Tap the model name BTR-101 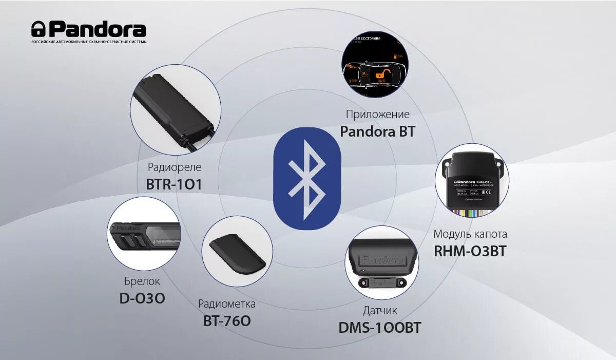point(174,183)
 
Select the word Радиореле point(175,167)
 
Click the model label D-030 point(142,298)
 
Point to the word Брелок point(142,281)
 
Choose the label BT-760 point(227,321)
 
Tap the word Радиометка point(227,304)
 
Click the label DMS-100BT point(380,328)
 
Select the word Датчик point(380,311)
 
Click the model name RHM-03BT point(470,251)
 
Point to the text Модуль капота point(470,234)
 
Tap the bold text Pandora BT point(377,131)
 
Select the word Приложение point(377,114)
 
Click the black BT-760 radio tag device point(237,251)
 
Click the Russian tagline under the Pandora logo point(89,42)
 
